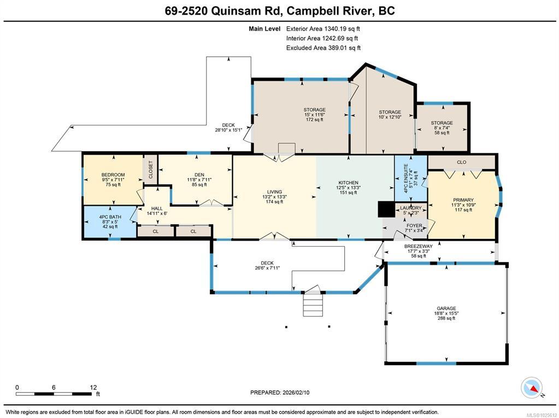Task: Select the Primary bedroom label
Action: click(x=463, y=200)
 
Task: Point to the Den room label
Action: click(x=199, y=175)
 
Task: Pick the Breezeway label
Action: click(x=418, y=246)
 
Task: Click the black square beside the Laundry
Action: click(x=386, y=209)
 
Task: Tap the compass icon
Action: click(x=532, y=388)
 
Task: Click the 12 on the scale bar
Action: click(x=93, y=387)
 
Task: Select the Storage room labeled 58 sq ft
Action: click(x=442, y=128)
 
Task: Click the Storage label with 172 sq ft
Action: click(x=314, y=110)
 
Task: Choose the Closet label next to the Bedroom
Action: click(x=150, y=170)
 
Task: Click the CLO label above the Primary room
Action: click(x=462, y=162)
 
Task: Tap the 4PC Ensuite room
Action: click(x=411, y=179)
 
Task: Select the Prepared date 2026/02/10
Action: click(x=280, y=392)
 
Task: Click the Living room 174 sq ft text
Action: click(x=274, y=201)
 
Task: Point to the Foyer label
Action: click(x=414, y=226)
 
